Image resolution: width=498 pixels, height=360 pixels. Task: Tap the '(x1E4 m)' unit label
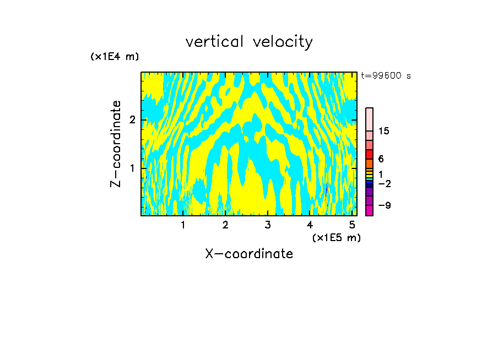tap(115, 57)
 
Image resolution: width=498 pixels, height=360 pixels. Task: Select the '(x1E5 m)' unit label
tap(336, 237)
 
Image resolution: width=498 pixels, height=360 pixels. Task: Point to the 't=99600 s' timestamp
tap(386, 76)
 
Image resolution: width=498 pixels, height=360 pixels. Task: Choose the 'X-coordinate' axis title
tap(249, 254)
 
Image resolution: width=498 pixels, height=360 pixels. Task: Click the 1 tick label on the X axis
tap(183, 225)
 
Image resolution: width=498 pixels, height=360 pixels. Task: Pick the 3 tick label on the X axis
tap(268, 225)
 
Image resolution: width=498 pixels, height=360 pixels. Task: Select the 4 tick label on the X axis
tap(310, 225)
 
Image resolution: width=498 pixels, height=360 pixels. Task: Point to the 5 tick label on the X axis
tap(352, 225)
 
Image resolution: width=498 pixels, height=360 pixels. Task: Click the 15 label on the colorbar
tap(384, 131)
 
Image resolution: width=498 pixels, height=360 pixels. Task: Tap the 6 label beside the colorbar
tap(381, 159)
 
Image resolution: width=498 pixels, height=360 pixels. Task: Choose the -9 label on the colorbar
tap(384, 205)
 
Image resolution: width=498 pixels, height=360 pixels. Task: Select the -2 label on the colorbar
tap(384, 183)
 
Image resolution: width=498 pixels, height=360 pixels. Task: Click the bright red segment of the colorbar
tap(369, 154)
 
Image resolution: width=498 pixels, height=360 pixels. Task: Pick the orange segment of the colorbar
tap(369, 163)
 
